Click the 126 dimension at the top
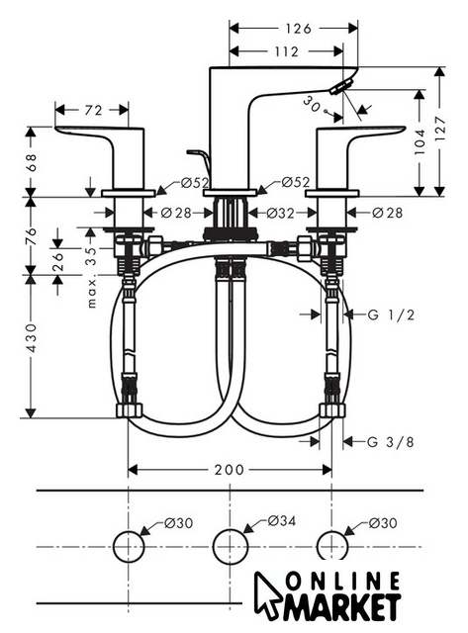(x=299, y=29)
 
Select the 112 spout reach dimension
(x=286, y=51)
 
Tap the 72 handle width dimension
(x=93, y=110)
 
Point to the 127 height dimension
(x=440, y=129)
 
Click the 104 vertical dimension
(x=420, y=141)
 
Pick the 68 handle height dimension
(x=31, y=162)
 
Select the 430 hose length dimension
(x=31, y=337)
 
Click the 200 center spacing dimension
(x=229, y=470)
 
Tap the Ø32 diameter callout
(x=281, y=213)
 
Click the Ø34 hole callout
(x=281, y=521)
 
